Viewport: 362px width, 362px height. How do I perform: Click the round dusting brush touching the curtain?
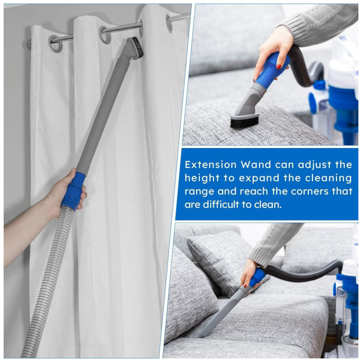(136, 48)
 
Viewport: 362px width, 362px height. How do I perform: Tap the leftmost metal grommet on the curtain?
(55, 43)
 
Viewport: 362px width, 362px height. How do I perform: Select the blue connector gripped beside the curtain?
(74, 191)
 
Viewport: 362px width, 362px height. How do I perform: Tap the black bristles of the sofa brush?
(244, 122)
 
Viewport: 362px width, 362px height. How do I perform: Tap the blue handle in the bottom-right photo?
(257, 277)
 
